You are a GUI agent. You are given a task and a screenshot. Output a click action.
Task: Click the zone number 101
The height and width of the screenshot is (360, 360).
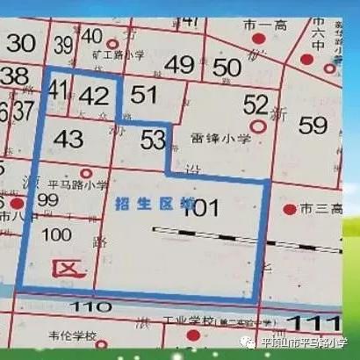[x=200, y=208]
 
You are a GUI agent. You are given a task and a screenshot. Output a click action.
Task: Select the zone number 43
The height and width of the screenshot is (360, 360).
[x=68, y=139]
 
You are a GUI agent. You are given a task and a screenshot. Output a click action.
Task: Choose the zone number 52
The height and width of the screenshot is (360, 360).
[x=256, y=105]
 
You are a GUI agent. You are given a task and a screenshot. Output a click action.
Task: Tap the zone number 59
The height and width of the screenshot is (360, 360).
[x=313, y=126]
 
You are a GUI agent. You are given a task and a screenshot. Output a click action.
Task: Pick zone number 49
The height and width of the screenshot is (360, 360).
[x=178, y=64]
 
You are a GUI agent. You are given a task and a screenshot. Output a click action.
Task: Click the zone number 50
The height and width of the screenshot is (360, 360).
[x=227, y=67]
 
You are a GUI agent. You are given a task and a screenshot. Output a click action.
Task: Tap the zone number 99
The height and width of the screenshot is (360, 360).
[x=48, y=201]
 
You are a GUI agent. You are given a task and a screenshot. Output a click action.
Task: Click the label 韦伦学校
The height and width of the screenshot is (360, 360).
[x=73, y=335]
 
